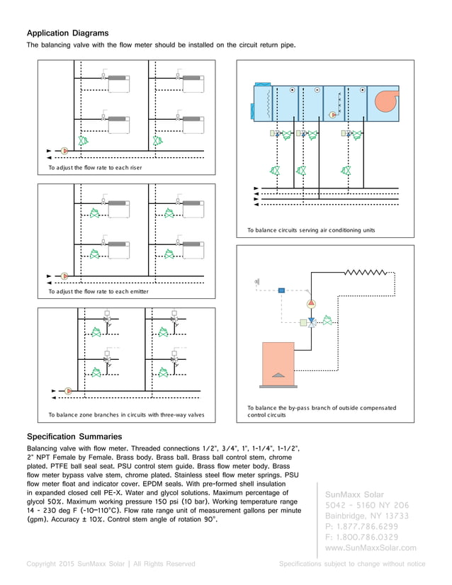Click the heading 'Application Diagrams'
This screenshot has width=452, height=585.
67,33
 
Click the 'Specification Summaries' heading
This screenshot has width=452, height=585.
74,436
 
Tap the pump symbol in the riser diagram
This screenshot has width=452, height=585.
64,151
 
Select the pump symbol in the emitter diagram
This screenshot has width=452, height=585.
64,276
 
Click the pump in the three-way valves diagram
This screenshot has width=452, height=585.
69,390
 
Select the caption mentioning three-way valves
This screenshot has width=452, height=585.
125,414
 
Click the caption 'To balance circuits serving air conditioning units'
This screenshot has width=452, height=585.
311,230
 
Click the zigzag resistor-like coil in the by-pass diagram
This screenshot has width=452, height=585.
366,272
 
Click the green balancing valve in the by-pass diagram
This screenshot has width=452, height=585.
327,321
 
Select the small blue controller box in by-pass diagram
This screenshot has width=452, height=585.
281,290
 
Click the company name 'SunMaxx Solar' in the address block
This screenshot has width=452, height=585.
355,494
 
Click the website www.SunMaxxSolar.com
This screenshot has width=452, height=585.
370,547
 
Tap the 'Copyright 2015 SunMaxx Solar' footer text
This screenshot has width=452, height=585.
111,564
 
